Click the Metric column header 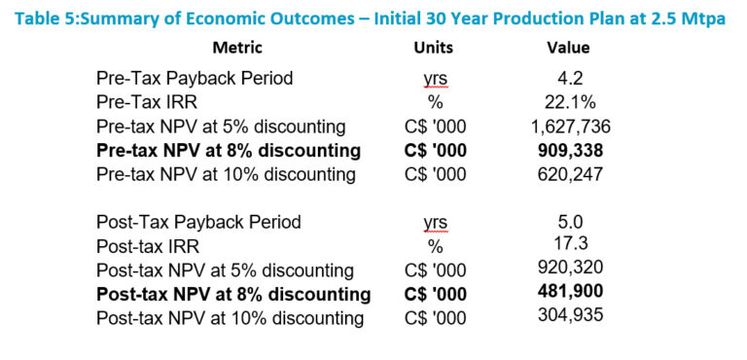(237, 48)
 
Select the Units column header (433, 48)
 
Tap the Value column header (568, 48)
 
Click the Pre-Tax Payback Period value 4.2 (569, 78)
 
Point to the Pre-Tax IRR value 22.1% (570, 102)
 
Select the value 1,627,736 (570, 126)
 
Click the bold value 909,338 (570, 151)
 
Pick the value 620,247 (570, 174)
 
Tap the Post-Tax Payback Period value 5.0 (570, 222)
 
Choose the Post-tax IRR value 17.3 (570, 243)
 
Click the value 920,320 (570, 267)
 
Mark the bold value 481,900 (570, 290)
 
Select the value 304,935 (570, 314)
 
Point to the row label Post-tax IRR (148, 246)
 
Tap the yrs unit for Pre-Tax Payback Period (436, 80)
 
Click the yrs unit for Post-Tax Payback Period (436, 223)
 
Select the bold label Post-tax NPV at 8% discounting (233, 294)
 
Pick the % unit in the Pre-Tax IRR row (436, 103)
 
